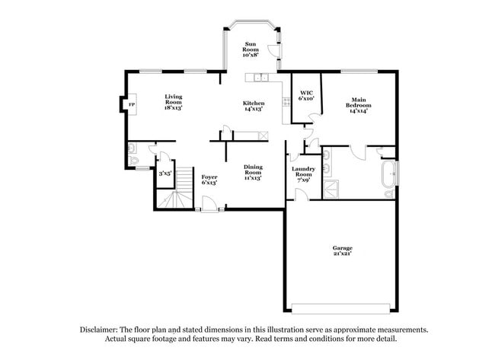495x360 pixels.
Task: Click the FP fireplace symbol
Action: (131, 104)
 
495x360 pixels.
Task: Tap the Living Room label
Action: (173, 101)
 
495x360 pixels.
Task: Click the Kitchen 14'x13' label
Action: (254, 106)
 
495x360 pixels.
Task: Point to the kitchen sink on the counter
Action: (260, 77)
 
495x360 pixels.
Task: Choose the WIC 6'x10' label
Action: (307, 95)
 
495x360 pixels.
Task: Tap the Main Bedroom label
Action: (358, 105)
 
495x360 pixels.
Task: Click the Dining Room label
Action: (253, 172)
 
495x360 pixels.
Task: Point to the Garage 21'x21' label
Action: (341, 250)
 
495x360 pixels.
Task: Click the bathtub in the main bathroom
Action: (388, 178)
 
